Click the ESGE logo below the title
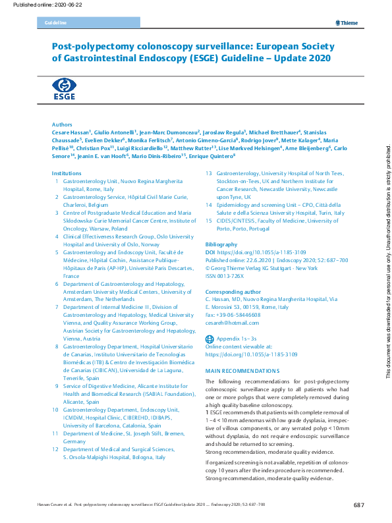point(64,88)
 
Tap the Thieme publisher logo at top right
point(346,23)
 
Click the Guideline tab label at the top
point(55,23)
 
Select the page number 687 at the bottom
point(358,505)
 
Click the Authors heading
point(62,124)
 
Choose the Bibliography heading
point(222,244)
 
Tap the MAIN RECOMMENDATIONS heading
point(242,371)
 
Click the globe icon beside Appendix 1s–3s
point(210,337)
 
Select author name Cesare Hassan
point(71,132)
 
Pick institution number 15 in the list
point(210,221)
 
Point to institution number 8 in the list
point(57,346)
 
